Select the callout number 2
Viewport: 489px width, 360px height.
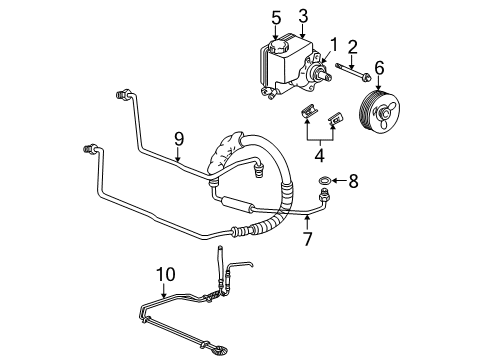click(x=353, y=45)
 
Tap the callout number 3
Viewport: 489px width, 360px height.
click(x=303, y=16)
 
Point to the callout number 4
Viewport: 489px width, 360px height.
click(x=318, y=156)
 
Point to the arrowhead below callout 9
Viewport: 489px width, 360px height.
click(x=179, y=160)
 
